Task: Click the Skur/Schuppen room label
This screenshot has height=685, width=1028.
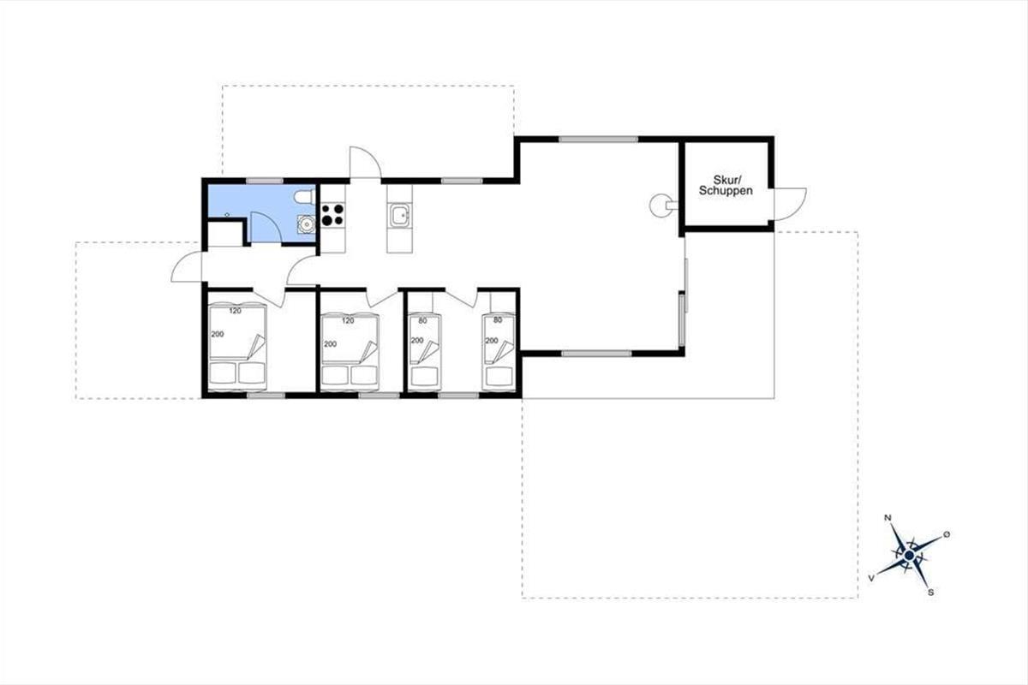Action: [726, 185]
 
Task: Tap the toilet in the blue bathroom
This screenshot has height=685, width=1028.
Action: [304, 197]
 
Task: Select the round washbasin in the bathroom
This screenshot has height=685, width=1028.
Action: [306, 223]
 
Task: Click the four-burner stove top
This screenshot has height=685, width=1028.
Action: [332, 215]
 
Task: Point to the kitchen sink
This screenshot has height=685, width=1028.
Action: [400, 216]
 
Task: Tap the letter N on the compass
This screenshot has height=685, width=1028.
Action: [888, 518]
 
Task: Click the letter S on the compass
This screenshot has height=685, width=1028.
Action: [931, 593]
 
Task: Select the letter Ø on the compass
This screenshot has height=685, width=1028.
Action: [947, 534]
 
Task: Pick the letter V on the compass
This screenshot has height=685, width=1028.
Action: [871, 578]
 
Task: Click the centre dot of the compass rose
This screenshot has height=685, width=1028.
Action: [909, 556]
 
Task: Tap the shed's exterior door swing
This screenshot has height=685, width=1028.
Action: [790, 204]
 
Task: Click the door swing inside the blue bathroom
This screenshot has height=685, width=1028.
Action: [266, 227]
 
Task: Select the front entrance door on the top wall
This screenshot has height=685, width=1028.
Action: [365, 163]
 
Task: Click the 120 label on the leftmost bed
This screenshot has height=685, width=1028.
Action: [235, 311]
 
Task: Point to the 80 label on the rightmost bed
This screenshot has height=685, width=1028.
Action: [498, 320]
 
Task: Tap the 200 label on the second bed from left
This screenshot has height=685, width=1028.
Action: [331, 344]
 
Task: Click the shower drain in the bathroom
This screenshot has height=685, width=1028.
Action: [227, 215]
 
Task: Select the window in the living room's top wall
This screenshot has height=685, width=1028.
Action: [599, 139]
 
